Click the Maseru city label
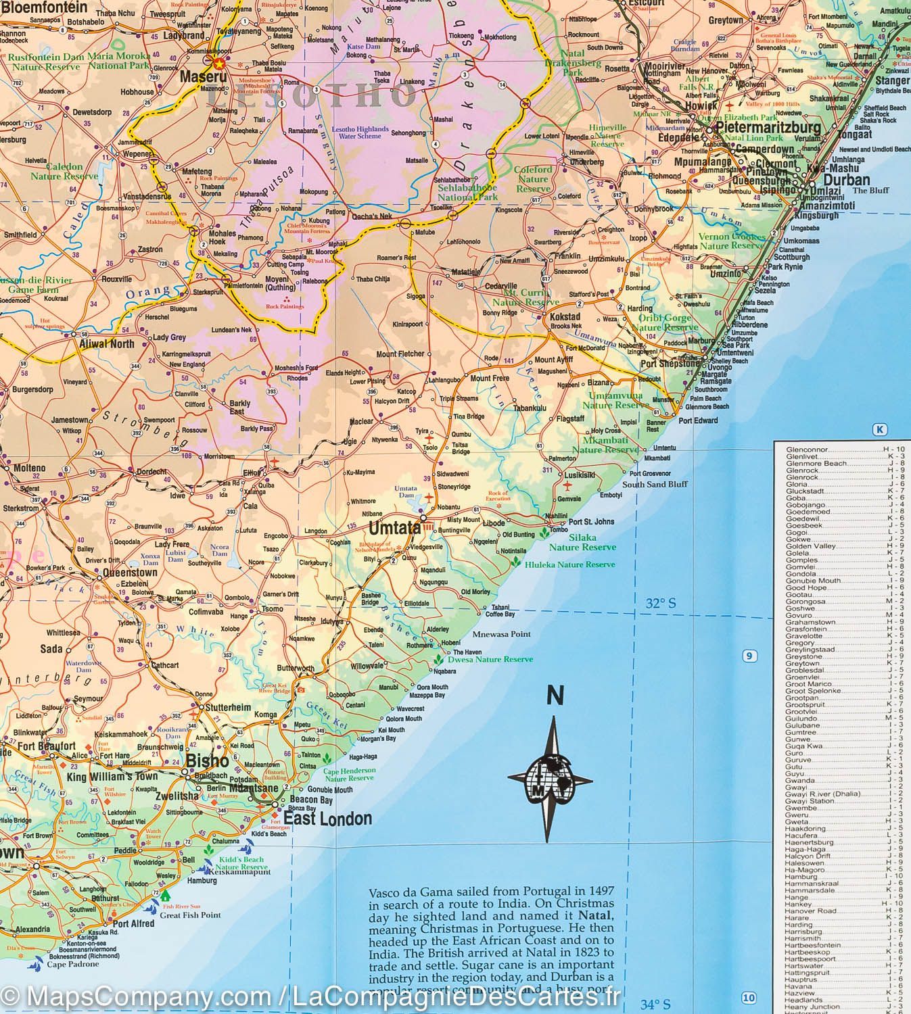point(202,78)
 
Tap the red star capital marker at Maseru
point(218,63)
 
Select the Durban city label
point(847,180)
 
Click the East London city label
point(327,819)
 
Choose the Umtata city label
point(394,527)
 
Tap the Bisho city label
point(208,760)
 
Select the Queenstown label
point(130,572)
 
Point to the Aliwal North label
point(107,343)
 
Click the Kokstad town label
point(565,316)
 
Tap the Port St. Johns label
point(591,521)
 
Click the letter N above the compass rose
point(555,695)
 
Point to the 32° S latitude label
point(660,604)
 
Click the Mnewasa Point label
point(501,634)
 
